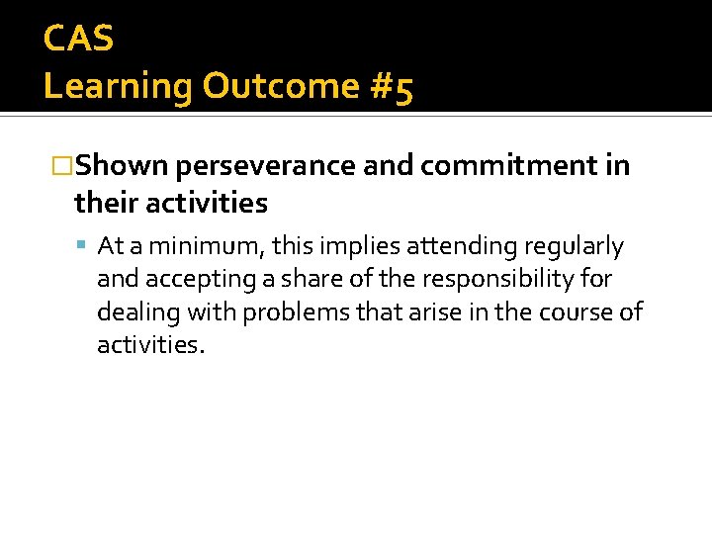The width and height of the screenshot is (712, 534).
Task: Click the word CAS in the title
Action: click(79, 39)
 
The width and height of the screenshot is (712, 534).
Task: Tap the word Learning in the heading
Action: click(118, 87)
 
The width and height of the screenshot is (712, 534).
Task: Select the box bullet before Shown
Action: click(62, 166)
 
